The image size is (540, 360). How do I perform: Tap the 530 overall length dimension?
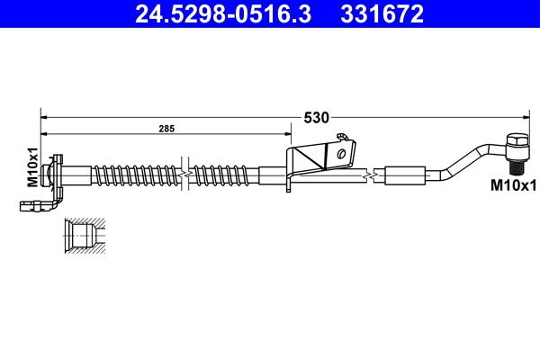click(x=316, y=117)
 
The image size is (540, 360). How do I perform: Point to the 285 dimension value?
click(x=166, y=130)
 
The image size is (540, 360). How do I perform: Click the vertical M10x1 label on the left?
click(x=31, y=166)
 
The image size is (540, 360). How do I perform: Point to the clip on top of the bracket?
click(x=341, y=137)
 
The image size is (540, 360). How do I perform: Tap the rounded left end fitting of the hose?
click(x=56, y=170)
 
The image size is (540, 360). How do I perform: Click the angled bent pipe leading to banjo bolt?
click(x=468, y=159)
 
